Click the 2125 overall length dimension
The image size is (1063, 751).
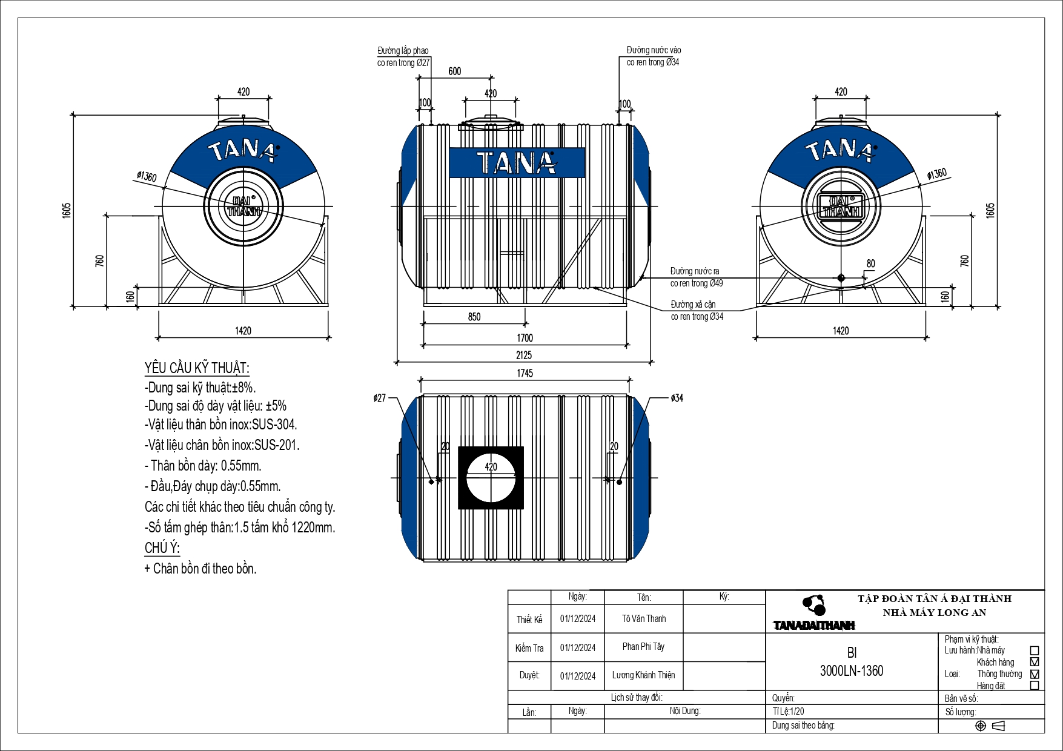[524, 355]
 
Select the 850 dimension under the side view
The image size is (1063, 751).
[474, 317]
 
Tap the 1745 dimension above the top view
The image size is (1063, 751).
[525, 373]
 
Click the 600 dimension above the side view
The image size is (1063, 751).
[455, 71]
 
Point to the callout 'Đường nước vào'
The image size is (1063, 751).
[654, 50]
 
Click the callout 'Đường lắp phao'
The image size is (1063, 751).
[403, 51]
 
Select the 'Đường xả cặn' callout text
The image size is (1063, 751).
[693, 305]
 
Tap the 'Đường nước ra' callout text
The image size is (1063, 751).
[695, 271]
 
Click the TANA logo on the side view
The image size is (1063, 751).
[517, 163]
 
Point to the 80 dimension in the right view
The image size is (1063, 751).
[870, 263]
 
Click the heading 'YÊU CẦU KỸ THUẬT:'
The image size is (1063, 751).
[197, 368]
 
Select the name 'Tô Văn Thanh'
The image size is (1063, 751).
[643, 619]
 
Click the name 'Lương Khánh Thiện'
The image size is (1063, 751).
[643, 675]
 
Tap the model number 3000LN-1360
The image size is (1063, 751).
[851, 671]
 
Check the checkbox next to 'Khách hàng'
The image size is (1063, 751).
[1035, 662]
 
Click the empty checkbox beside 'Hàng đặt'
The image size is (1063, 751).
[1035, 686]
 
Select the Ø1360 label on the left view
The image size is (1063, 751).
[147, 177]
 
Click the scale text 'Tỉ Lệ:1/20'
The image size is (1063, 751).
[788, 712]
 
